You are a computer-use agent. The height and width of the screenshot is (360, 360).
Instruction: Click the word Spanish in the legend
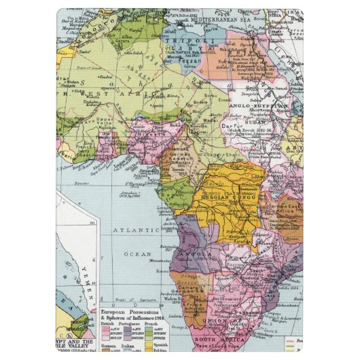click(x=155, y=346)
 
